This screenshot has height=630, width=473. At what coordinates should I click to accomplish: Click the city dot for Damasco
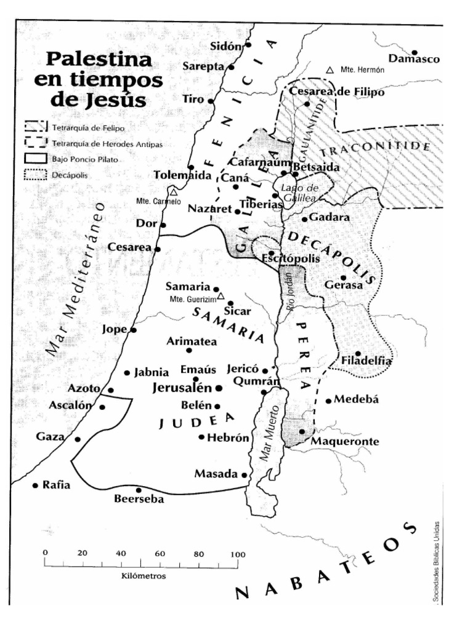coord(414,52)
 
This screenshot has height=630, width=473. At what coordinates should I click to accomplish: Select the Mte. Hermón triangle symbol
coord(330,70)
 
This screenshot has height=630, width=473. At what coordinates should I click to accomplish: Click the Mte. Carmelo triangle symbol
coord(174,192)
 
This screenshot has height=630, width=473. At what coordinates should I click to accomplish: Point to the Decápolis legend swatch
coord(36,175)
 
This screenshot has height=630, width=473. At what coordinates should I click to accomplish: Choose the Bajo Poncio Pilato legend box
coord(36,159)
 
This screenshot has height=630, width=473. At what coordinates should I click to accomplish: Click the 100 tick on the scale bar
coord(237,562)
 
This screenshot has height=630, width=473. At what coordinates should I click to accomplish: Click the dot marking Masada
coord(245,475)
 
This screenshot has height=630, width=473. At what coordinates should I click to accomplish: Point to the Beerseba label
coord(139,500)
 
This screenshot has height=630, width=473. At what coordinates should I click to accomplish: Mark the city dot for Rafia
coord(35,485)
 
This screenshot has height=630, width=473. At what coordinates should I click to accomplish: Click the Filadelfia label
coord(366,361)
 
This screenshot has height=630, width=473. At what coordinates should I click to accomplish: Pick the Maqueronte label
coord(345,442)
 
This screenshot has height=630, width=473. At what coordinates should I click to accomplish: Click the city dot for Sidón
coord(248,45)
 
